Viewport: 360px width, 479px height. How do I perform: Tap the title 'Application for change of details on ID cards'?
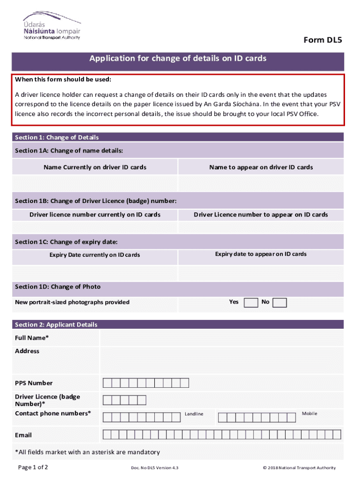[178, 59]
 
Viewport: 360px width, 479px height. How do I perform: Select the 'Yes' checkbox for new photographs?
[251, 303]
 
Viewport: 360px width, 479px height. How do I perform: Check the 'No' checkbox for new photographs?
[280, 303]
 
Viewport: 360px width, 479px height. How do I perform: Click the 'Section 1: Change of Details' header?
[57, 138]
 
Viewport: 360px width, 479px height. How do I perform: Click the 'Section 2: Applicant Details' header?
[56, 325]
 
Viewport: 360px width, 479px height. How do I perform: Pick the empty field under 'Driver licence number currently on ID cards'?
[95, 227]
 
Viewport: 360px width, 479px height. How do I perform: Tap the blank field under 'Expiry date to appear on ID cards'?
[261, 272]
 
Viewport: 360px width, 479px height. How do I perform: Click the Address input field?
[222, 360]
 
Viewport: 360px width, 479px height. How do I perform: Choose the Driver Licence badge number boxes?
[124, 400]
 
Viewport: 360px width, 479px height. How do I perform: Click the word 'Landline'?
[194, 414]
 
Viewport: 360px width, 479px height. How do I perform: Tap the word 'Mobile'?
[310, 414]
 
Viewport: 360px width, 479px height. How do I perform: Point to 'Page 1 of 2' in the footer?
[33, 467]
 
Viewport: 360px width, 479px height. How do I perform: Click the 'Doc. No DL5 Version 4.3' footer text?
[155, 468]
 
